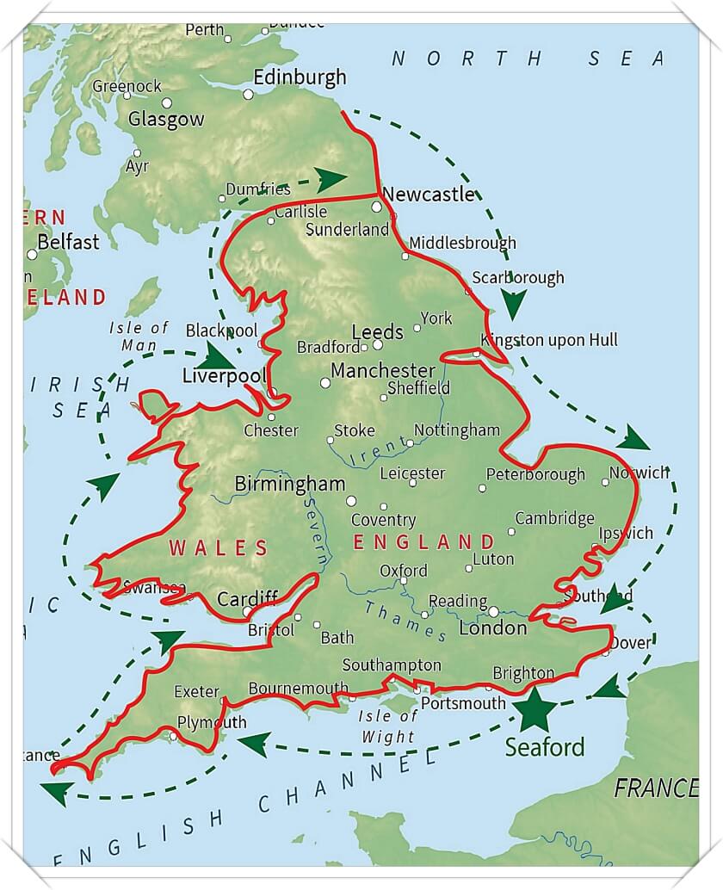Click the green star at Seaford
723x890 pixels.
[x=536, y=708]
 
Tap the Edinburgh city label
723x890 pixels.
[x=300, y=77]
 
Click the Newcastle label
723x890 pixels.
[x=428, y=195]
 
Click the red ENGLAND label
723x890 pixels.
[x=424, y=542]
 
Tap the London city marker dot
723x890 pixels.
[x=493, y=611]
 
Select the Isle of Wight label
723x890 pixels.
[x=388, y=726]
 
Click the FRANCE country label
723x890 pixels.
[x=655, y=788]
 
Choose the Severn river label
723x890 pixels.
[x=314, y=535]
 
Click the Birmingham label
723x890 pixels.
[x=290, y=484]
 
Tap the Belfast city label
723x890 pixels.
[x=68, y=242]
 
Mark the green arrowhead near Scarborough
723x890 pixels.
[x=514, y=304]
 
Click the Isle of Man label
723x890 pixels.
[x=139, y=336]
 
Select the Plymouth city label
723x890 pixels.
[x=211, y=722]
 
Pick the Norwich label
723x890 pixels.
[x=639, y=473]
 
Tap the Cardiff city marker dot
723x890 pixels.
[x=247, y=612]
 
